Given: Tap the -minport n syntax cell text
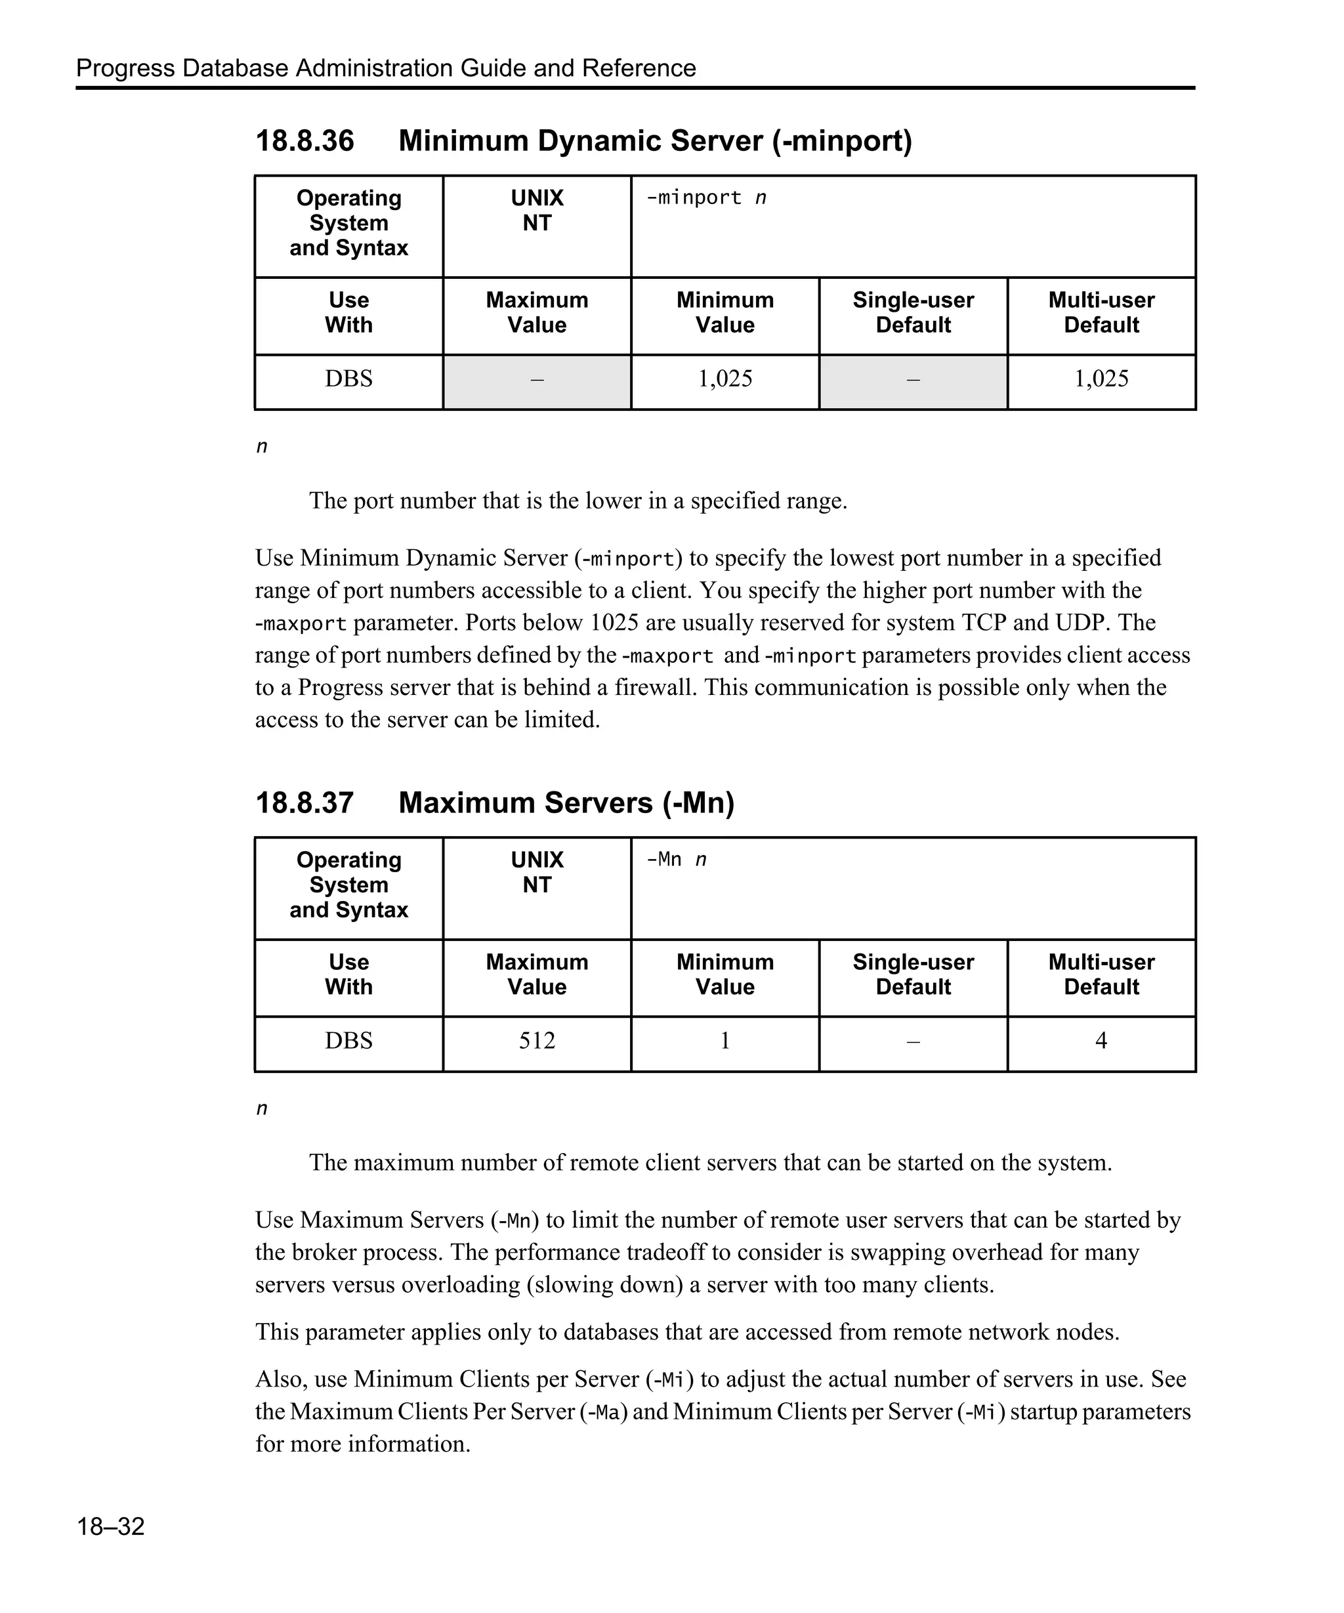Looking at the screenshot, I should pos(705,198).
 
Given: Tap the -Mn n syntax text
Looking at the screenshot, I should pos(676,860).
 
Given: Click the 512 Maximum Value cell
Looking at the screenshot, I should pos(536,1041).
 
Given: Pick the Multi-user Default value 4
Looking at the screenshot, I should pos(1101,1041).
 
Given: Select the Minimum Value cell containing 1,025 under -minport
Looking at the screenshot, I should pos(724,379).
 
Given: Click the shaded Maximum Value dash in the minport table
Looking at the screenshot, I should pos(536,379).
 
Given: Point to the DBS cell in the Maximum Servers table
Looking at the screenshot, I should pos(348,1041).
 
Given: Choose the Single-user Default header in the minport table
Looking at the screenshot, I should pos(912,312).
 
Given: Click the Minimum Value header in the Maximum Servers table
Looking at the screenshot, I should pos(724,974).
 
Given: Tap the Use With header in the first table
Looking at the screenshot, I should pos(348,312).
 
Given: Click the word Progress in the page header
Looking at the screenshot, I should pos(125,68).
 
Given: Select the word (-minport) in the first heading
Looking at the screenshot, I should pos(842,140).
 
